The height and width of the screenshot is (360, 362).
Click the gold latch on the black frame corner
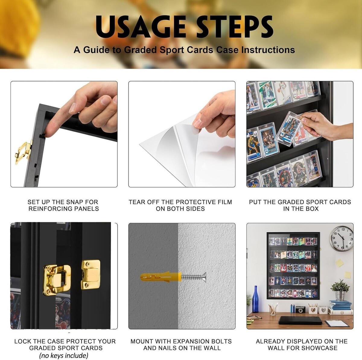[24, 152]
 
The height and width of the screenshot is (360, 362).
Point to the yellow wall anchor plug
[161, 277]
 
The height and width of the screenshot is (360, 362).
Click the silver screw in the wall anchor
[194, 277]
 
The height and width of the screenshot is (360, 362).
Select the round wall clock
[341, 239]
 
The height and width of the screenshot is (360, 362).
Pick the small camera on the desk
[300, 309]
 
